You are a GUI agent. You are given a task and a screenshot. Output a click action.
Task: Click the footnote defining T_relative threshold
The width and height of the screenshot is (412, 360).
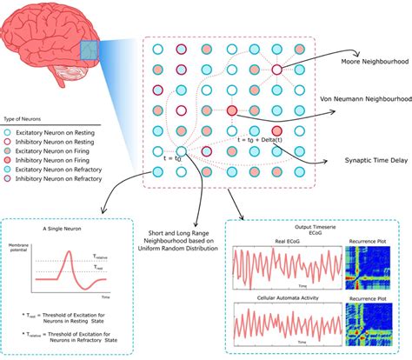(61, 338)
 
